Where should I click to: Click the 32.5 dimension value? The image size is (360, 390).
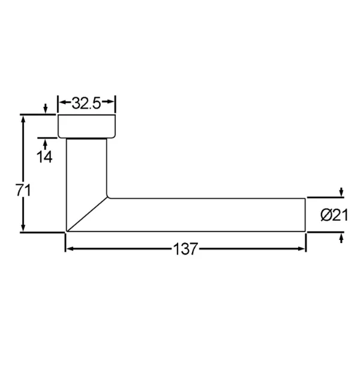86,103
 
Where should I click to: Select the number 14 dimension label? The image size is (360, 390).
44,157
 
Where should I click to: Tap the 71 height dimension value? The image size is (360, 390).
23,190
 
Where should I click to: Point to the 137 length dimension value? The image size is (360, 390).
185,250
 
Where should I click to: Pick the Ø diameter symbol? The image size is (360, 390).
326,215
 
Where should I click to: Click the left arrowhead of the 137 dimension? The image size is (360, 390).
69,248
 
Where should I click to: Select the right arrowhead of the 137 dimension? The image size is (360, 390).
302,248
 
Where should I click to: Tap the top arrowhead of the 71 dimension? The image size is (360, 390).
23,118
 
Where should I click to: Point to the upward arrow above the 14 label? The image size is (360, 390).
45,142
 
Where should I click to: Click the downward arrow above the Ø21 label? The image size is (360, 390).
341,192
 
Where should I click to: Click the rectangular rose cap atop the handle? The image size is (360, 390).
87,126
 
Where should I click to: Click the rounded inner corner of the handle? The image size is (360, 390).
109,196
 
